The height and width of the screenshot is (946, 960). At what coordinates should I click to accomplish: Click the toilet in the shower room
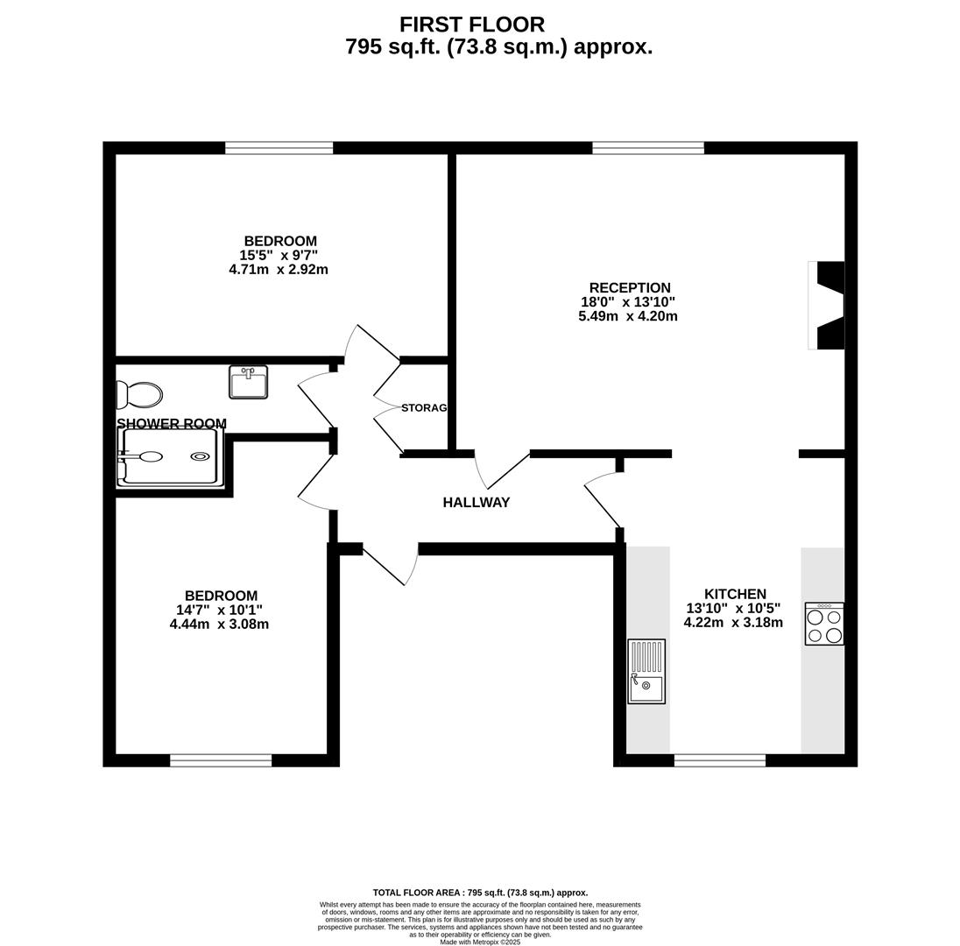pyautogui.click(x=139, y=395)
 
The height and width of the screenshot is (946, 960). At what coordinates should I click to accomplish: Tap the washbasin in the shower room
pyautogui.click(x=248, y=382)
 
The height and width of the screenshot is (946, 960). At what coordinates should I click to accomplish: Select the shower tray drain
pyautogui.click(x=200, y=456)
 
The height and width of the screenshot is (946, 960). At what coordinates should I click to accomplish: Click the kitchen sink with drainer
pyautogui.click(x=646, y=671)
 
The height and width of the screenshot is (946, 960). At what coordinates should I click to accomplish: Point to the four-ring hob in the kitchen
pyautogui.click(x=824, y=624)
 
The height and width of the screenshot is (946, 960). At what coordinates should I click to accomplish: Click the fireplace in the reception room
pyautogui.click(x=827, y=306)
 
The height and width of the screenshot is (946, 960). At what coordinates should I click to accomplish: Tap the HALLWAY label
pyautogui.click(x=476, y=503)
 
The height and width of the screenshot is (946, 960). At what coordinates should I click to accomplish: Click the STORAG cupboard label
pyautogui.click(x=424, y=408)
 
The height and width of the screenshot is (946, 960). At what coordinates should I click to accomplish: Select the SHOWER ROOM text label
pyautogui.click(x=172, y=424)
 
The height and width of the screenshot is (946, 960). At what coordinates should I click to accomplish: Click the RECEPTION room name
pyautogui.click(x=630, y=288)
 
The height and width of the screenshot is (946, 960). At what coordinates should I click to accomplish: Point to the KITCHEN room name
pyautogui.click(x=735, y=594)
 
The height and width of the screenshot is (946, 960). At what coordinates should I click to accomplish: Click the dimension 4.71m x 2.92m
pyautogui.click(x=279, y=270)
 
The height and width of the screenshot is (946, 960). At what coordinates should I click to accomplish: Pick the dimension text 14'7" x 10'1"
pyautogui.click(x=219, y=610)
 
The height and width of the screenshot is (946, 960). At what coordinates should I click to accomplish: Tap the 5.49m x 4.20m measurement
pyautogui.click(x=627, y=316)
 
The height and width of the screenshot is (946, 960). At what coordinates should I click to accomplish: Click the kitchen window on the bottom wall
pyautogui.click(x=720, y=760)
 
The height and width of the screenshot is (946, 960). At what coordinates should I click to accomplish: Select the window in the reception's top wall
pyautogui.click(x=648, y=147)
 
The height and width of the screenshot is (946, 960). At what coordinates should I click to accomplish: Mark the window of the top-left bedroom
pyautogui.click(x=279, y=147)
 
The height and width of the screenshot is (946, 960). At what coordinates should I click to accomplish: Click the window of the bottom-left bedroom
pyautogui.click(x=221, y=760)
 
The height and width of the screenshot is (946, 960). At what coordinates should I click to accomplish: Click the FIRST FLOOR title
pyautogui.click(x=472, y=25)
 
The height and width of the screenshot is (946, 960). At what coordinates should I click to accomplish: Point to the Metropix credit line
pyautogui.click(x=480, y=942)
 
